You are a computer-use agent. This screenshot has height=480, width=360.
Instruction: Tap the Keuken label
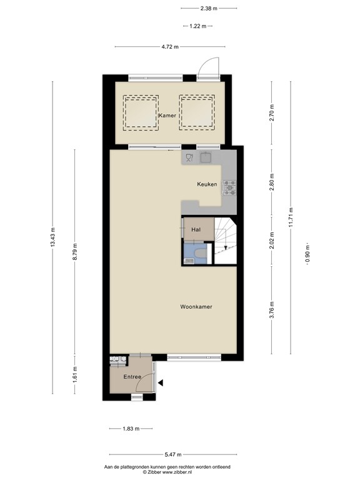207,184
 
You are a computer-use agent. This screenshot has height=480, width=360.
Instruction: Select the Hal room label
196,230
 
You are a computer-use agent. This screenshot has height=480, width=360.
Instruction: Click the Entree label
132,377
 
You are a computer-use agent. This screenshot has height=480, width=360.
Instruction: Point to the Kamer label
167,116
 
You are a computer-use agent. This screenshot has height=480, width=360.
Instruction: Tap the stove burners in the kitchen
229,186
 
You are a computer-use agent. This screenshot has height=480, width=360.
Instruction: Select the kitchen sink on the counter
207,156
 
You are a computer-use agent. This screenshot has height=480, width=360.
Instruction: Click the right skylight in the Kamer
196,112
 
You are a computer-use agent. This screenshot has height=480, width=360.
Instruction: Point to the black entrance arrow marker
161,383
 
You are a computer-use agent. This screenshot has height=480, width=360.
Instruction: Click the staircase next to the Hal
226,241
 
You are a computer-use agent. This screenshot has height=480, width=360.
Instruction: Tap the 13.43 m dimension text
52,237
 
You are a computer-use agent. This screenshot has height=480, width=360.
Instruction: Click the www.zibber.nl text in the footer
181,472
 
